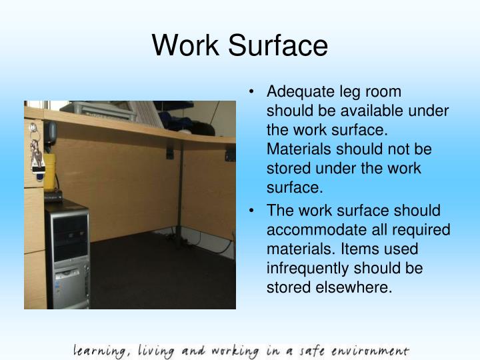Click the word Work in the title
184,46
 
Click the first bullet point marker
257,95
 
